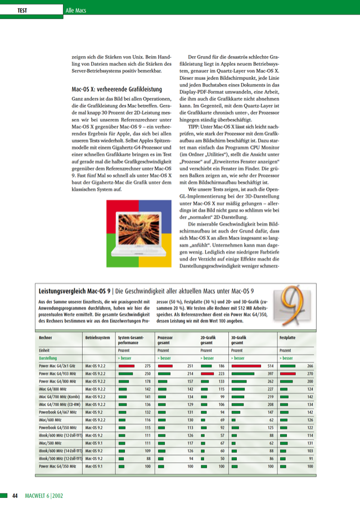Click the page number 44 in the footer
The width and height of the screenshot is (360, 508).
15,495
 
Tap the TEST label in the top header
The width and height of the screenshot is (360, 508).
23,11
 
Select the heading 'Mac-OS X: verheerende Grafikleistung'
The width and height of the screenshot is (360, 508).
117,89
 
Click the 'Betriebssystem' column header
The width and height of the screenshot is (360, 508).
98,338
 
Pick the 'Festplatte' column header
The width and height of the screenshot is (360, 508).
288,338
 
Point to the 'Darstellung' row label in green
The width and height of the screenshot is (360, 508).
48,357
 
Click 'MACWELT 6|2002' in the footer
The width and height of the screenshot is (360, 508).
47,495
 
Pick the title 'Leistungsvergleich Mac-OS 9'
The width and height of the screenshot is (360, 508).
74,291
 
